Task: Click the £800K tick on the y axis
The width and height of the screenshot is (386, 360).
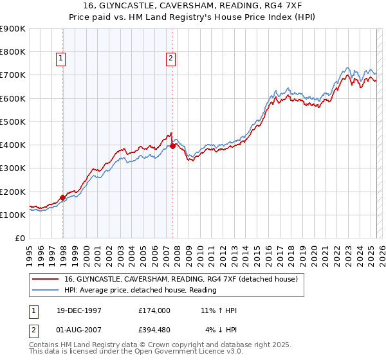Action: click(x=13, y=52)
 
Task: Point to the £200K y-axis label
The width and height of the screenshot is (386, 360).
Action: click(x=13, y=192)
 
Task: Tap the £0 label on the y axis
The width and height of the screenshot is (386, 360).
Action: click(x=20, y=239)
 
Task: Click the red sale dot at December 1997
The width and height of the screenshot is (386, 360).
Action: click(x=63, y=197)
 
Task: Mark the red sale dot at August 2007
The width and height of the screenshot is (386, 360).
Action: click(x=172, y=146)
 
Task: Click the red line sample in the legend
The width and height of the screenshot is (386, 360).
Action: click(x=46, y=280)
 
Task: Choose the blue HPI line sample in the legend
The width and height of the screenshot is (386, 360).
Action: click(x=46, y=290)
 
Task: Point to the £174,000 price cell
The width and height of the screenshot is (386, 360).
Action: click(x=154, y=310)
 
